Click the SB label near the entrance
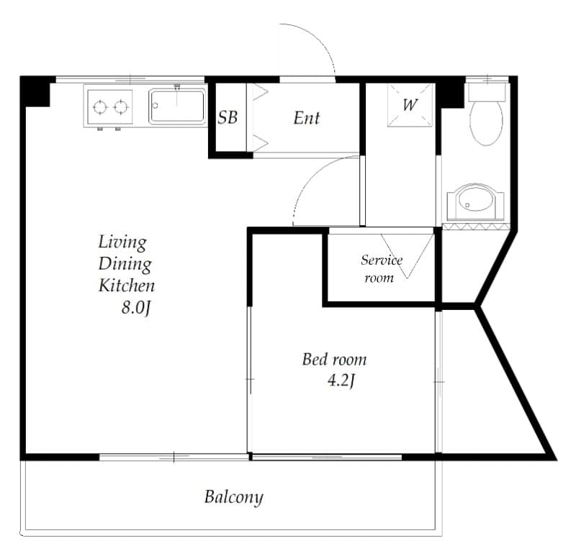pyautogui.click(x=228, y=118)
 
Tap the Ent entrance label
pyautogui.click(x=306, y=118)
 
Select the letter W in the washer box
pyautogui.click(x=410, y=105)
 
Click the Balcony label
pyautogui.click(x=233, y=496)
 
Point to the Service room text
pyautogui.click(x=381, y=268)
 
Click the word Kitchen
pyautogui.click(x=127, y=286)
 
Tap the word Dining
pyautogui.click(x=125, y=263)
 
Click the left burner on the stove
pyautogui.click(x=100, y=108)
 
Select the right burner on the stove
pyautogui.click(x=122, y=108)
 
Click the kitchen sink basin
pyautogui.click(x=177, y=106)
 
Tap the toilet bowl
pyautogui.click(x=486, y=122)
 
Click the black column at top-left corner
pyautogui.click(x=35, y=91)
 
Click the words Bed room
pyautogui.click(x=333, y=359)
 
